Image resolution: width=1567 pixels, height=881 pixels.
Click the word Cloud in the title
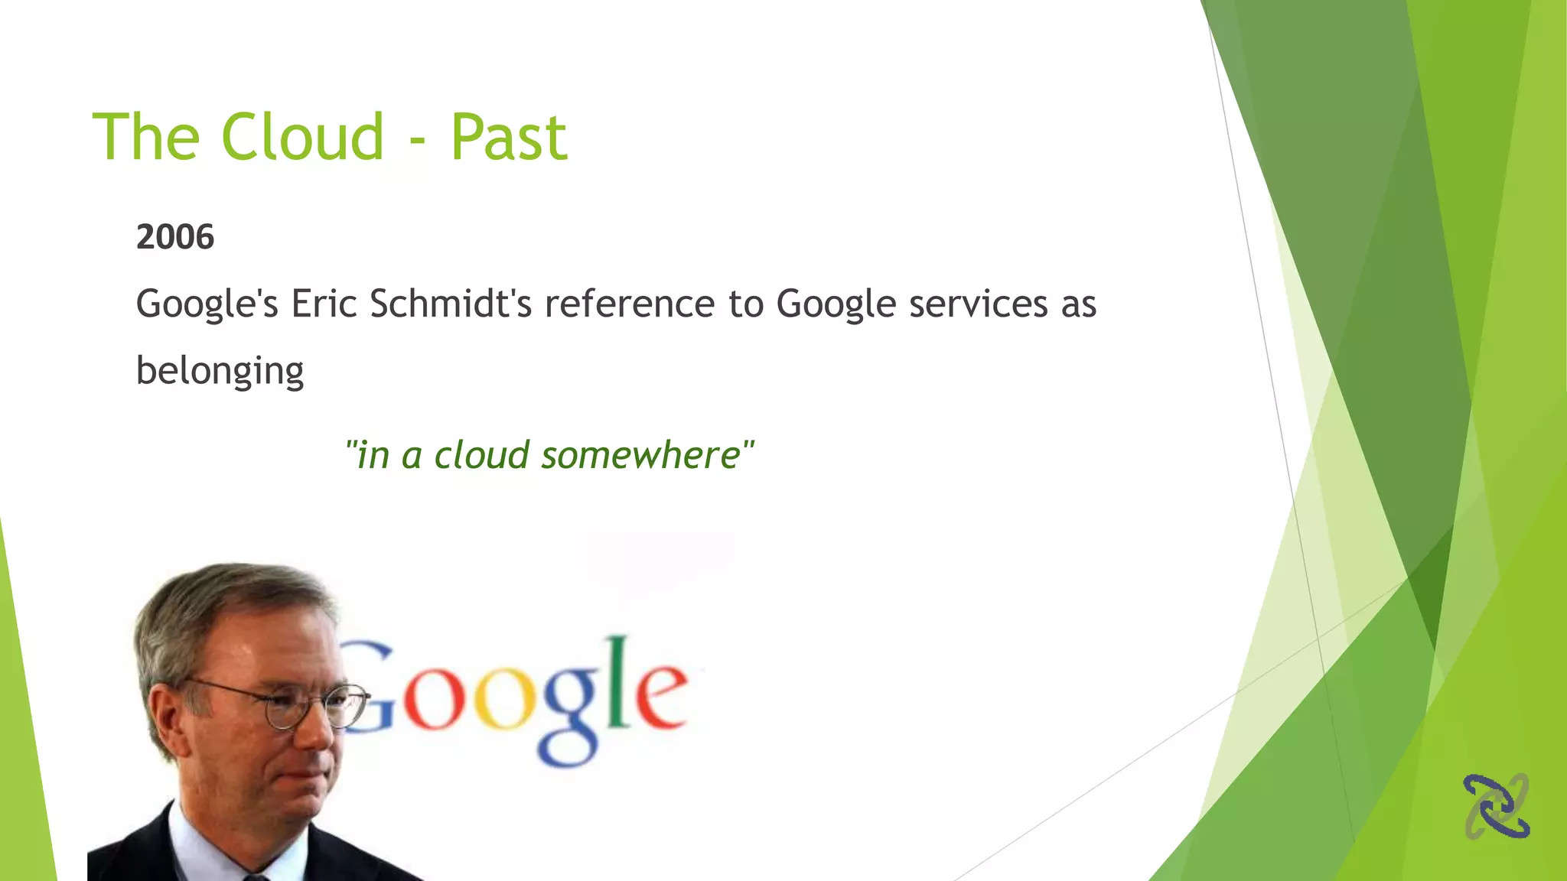[302, 138]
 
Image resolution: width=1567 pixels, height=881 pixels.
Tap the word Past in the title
[509, 138]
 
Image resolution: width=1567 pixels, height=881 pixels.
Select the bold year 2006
[175, 237]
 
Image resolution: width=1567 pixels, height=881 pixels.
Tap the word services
[978, 304]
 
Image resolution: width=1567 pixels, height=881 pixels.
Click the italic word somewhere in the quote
[640, 456]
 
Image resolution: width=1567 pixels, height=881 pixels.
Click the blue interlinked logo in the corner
[1496, 806]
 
